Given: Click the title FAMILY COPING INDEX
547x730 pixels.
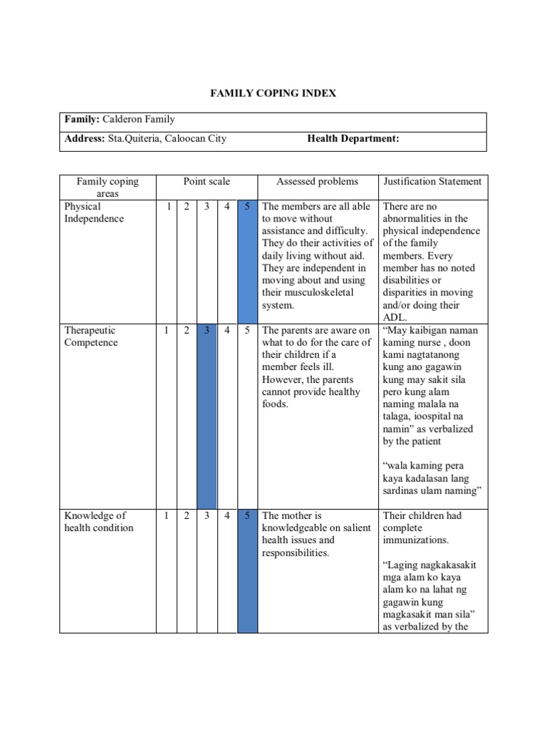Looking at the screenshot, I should pyautogui.click(x=273, y=93).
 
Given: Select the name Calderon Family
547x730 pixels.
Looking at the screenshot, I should pyautogui.click(x=139, y=120).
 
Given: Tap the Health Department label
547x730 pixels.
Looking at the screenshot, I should pyautogui.click(x=353, y=139).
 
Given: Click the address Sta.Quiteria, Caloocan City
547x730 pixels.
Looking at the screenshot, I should pyautogui.click(x=167, y=139).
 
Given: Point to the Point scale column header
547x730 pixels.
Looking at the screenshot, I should pyautogui.click(x=207, y=182).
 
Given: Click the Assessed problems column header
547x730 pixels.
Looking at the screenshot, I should pyautogui.click(x=317, y=182).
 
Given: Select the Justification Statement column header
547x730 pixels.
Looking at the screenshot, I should pyautogui.click(x=432, y=182).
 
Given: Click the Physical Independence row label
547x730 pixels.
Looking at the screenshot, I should pyautogui.click(x=93, y=212).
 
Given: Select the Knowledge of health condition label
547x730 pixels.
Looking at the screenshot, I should pyautogui.click(x=98, y=522).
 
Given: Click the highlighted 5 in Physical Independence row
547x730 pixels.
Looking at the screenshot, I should pyautogui.click(x=247, y=207).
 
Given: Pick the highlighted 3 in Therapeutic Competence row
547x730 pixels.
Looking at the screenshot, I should pyautogui.click(x=207, y=331).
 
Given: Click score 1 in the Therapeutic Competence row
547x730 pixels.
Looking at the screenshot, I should pyautogui.click(x=167, y=331).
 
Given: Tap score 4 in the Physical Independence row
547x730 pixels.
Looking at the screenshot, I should pyautogui.click(x=227, y=207).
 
